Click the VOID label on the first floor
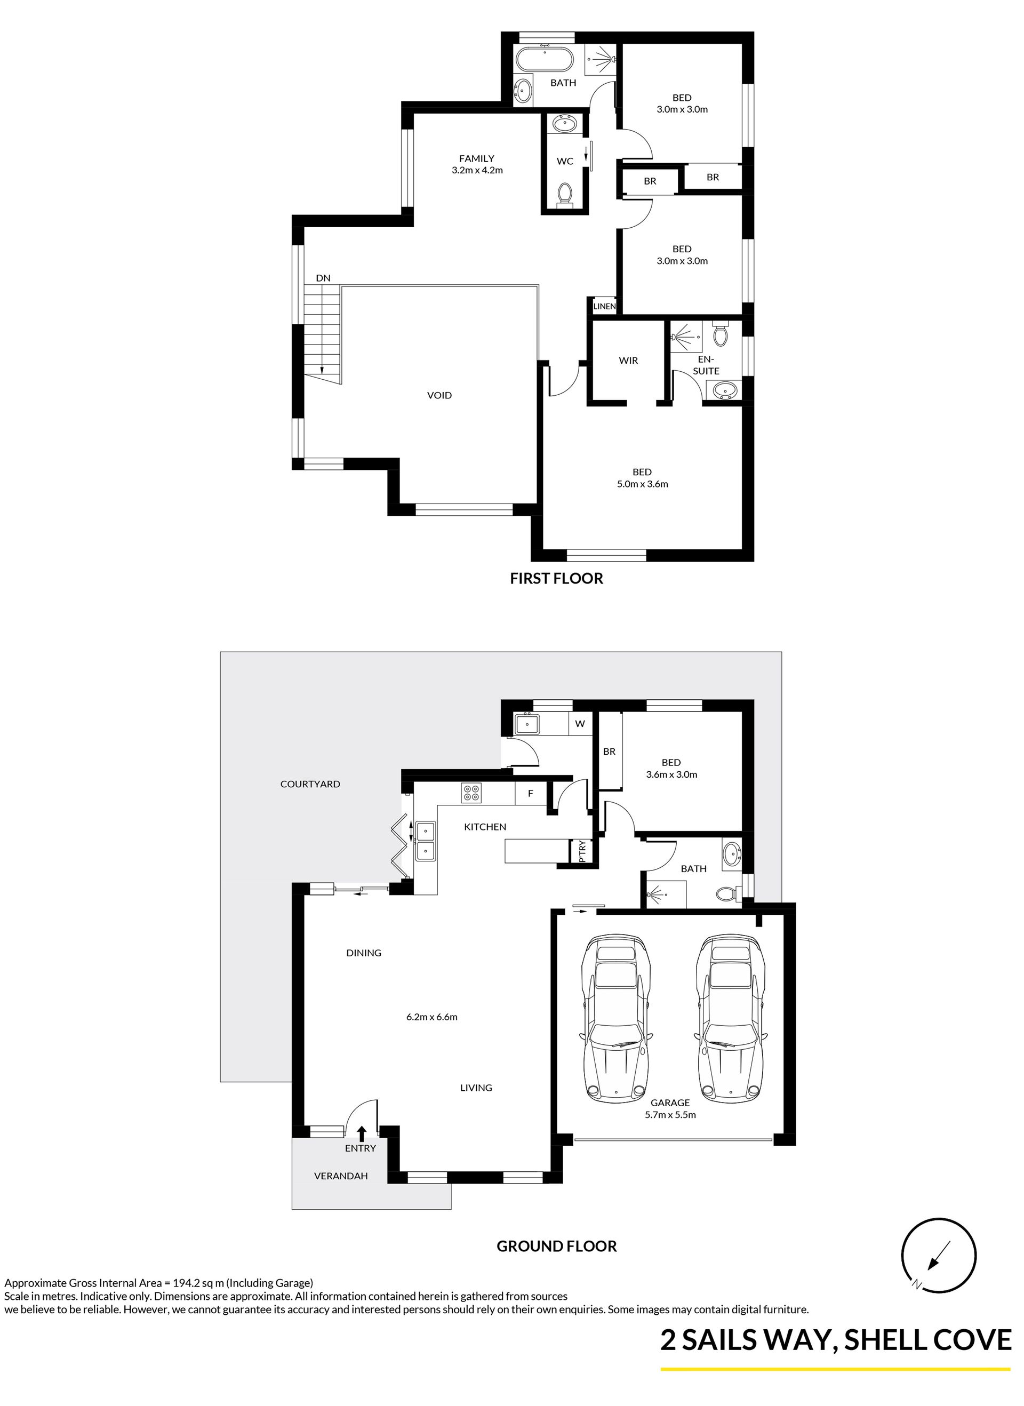439,395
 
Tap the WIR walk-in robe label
628,360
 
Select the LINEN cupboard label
604,306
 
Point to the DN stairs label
323,278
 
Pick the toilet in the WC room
565,194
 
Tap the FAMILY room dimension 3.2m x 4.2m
477,170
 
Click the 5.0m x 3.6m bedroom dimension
642,484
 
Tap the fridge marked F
531,793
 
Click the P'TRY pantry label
582,851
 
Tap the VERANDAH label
341,1176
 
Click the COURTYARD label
310,784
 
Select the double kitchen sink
426,841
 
